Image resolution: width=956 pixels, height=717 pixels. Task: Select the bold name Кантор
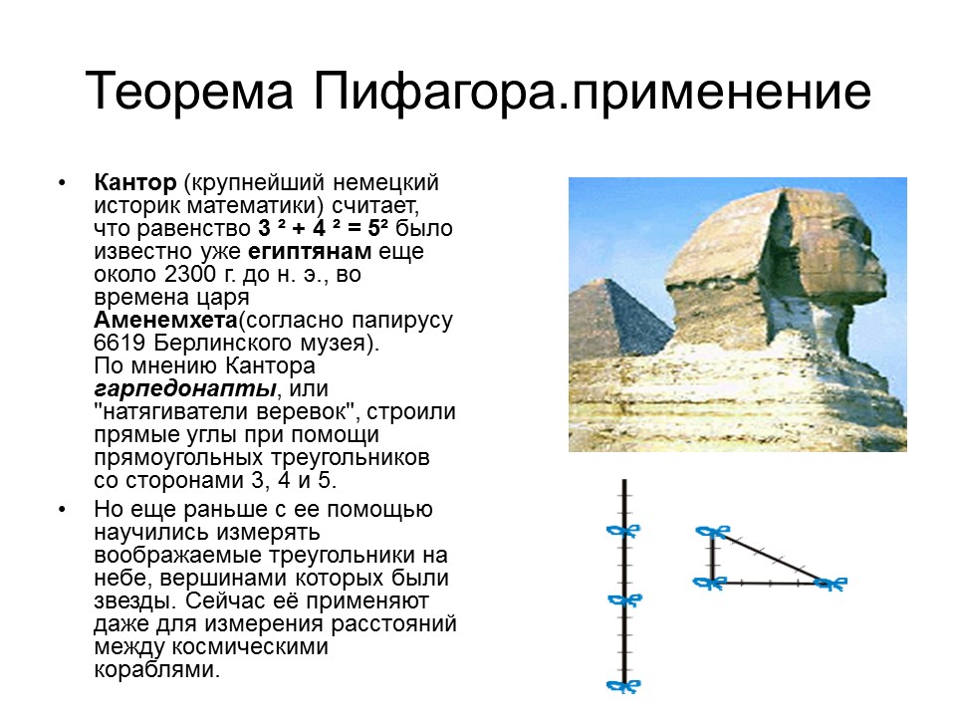[x=134, y=184]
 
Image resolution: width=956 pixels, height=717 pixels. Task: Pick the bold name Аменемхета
[x=164, y=321]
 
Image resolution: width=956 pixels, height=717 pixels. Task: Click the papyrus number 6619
[x=117, y=344]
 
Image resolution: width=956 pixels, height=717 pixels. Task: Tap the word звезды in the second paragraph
[x=126, y=601]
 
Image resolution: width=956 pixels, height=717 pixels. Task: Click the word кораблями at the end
[x=154, y=670]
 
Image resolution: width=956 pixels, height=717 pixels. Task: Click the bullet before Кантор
[x=63, y=185]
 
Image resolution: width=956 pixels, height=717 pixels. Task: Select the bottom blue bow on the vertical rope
[x=623, y=685]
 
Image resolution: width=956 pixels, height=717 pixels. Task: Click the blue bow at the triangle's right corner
[x=830, y=584]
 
